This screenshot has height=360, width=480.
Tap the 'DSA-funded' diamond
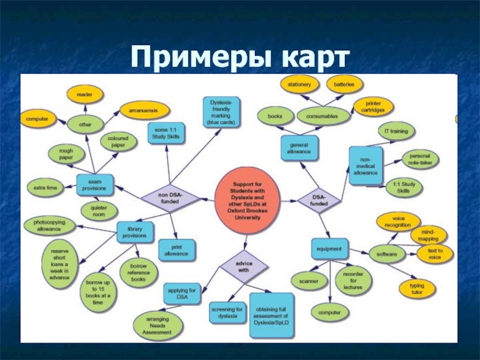pos(319,199)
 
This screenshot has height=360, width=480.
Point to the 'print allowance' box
pos(176,250)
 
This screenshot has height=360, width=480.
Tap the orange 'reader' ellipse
pos(85,94)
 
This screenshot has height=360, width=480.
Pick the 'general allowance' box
pos(299,148)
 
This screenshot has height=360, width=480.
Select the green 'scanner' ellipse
pos(308,280)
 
